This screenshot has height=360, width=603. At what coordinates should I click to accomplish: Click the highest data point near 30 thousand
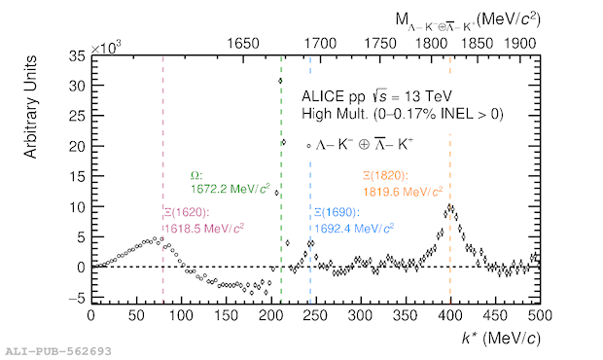[x=280, y=81]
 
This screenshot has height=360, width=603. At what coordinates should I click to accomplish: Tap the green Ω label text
[x=196, y=176]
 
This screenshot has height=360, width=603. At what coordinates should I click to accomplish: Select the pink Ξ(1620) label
[x=187, y=212]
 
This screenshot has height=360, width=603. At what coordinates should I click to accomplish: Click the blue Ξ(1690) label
[x=337, y=212]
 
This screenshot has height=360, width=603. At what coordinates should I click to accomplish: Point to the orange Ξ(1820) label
[x=385, y=176]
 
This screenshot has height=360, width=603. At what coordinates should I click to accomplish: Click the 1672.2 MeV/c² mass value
[x=231, y=189]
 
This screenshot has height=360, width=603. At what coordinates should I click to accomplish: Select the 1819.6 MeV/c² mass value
[x=403, y=191]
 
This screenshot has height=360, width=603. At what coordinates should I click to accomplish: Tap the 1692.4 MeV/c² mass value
[x=354, y=229]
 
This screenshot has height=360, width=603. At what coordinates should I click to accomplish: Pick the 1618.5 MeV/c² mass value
[x=204, y=229]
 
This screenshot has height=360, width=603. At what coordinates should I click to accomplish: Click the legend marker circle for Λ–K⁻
[x=308, y=146]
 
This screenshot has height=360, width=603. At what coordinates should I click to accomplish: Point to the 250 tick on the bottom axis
[x=315, y=316]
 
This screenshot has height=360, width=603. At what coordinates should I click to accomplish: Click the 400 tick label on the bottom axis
[x=450, y=316]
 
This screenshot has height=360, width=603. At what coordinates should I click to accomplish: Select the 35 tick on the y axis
[x=77, y=56]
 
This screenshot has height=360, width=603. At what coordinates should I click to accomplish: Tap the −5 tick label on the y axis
[x=76, y=298]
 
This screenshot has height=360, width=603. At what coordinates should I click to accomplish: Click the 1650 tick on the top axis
[x=243, y=44]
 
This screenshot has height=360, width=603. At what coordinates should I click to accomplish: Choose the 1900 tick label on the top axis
[x=520, y=44]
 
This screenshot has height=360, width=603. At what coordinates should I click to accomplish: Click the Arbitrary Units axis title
[x=30, y=107]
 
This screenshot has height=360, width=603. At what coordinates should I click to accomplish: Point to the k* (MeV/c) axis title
[x=501, y=338]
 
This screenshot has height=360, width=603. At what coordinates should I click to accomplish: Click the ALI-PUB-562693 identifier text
[x=58, y=351]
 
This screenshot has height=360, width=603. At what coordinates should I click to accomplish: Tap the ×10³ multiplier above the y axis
[x=105, y=48]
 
